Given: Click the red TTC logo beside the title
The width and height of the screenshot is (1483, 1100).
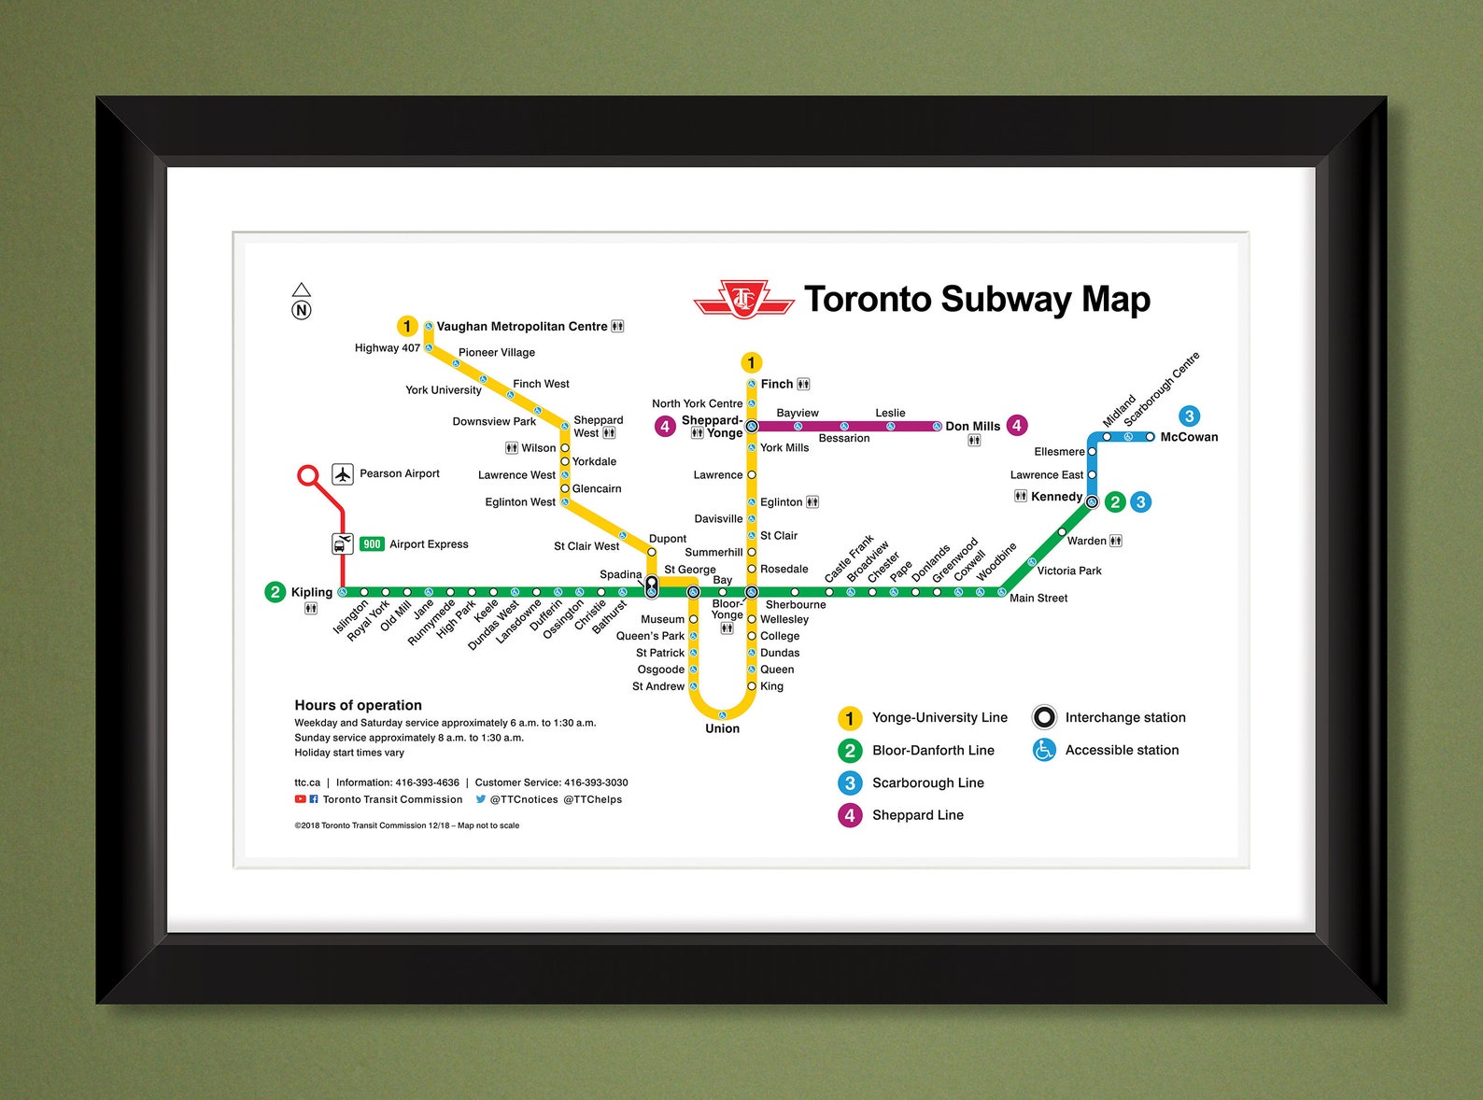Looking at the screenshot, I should pos(743,300).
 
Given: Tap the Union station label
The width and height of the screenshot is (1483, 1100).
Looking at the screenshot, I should pos(722,728).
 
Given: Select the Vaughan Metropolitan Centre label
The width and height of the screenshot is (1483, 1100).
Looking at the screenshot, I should pos(521,326).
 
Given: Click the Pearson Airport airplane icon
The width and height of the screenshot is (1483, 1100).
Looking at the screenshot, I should pos(343,474).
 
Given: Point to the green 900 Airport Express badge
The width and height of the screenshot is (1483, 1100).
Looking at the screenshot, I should pos(372,544).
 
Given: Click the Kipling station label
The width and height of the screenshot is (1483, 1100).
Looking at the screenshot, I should pos(311,592).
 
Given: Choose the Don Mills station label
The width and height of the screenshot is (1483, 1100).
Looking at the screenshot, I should pos(972,426).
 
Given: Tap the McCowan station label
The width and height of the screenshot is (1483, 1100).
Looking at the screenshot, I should pos(1188,437).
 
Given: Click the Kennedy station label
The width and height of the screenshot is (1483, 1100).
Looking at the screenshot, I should pos(1056,497).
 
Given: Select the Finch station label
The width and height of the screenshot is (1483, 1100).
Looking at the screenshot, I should pos(776,384).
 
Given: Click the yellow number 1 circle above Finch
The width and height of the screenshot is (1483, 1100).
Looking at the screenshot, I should pos(751,362).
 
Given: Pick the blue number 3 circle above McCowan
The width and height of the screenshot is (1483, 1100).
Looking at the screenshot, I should pos(1189,416).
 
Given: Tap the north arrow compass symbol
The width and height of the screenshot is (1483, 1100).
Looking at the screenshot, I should pos(301,302).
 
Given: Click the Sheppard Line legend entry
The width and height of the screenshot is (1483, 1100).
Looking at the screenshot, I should pos(917,815).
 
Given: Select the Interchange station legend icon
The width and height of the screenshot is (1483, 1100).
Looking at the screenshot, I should pos(1044,717).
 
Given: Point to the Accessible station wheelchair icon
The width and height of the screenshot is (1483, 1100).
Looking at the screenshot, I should pos(1044,750).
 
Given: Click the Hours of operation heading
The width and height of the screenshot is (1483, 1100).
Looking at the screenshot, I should pos(358,705).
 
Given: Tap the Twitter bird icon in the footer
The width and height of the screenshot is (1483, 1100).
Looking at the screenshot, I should pos(481,799).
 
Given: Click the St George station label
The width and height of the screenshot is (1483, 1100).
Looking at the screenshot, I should pos(689,570).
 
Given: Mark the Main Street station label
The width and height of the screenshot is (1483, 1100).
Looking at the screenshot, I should pos(1038,598).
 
